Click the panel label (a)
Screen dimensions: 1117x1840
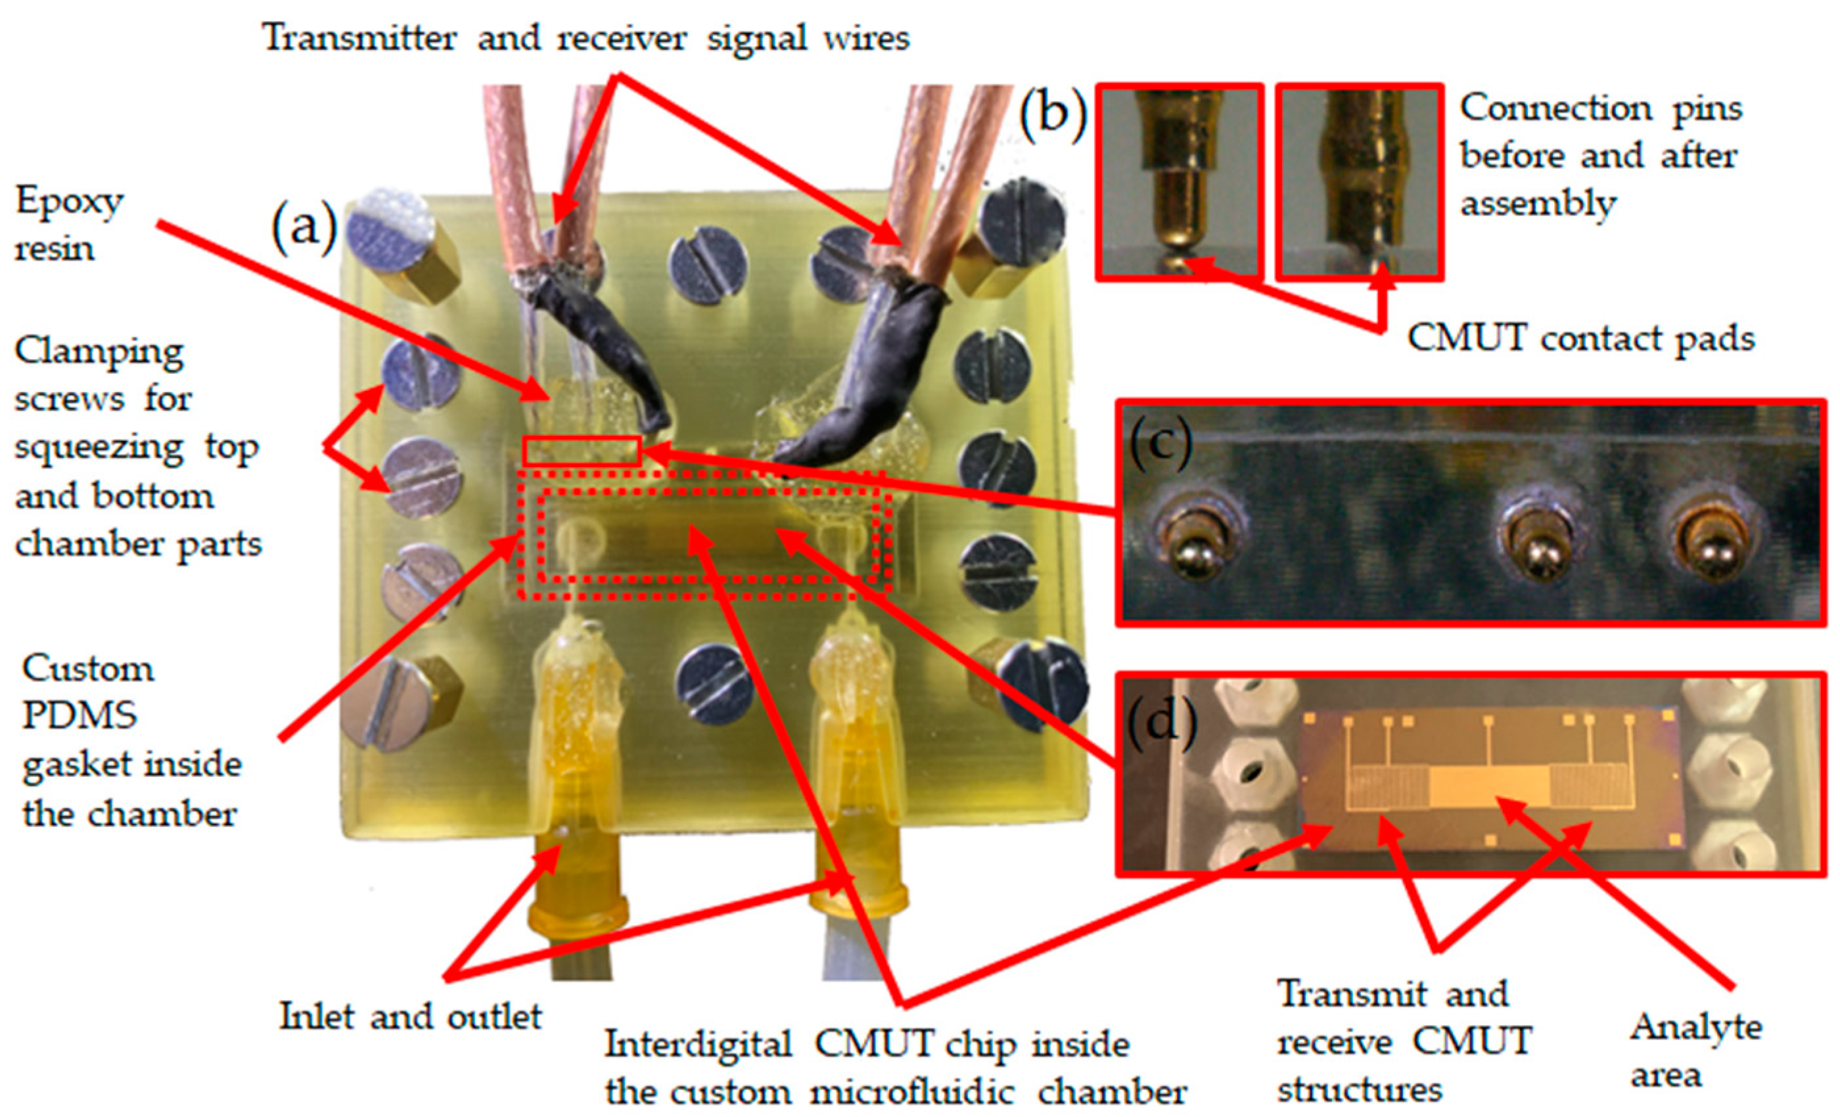click(x=304, y=227)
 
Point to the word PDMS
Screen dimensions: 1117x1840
click(x=79, y=716)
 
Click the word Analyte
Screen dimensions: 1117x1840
click(x=1696, y=1029)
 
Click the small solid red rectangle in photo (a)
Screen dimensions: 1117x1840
click(x=582, y=451)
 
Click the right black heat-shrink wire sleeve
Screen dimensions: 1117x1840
click(x=874, y=373)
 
